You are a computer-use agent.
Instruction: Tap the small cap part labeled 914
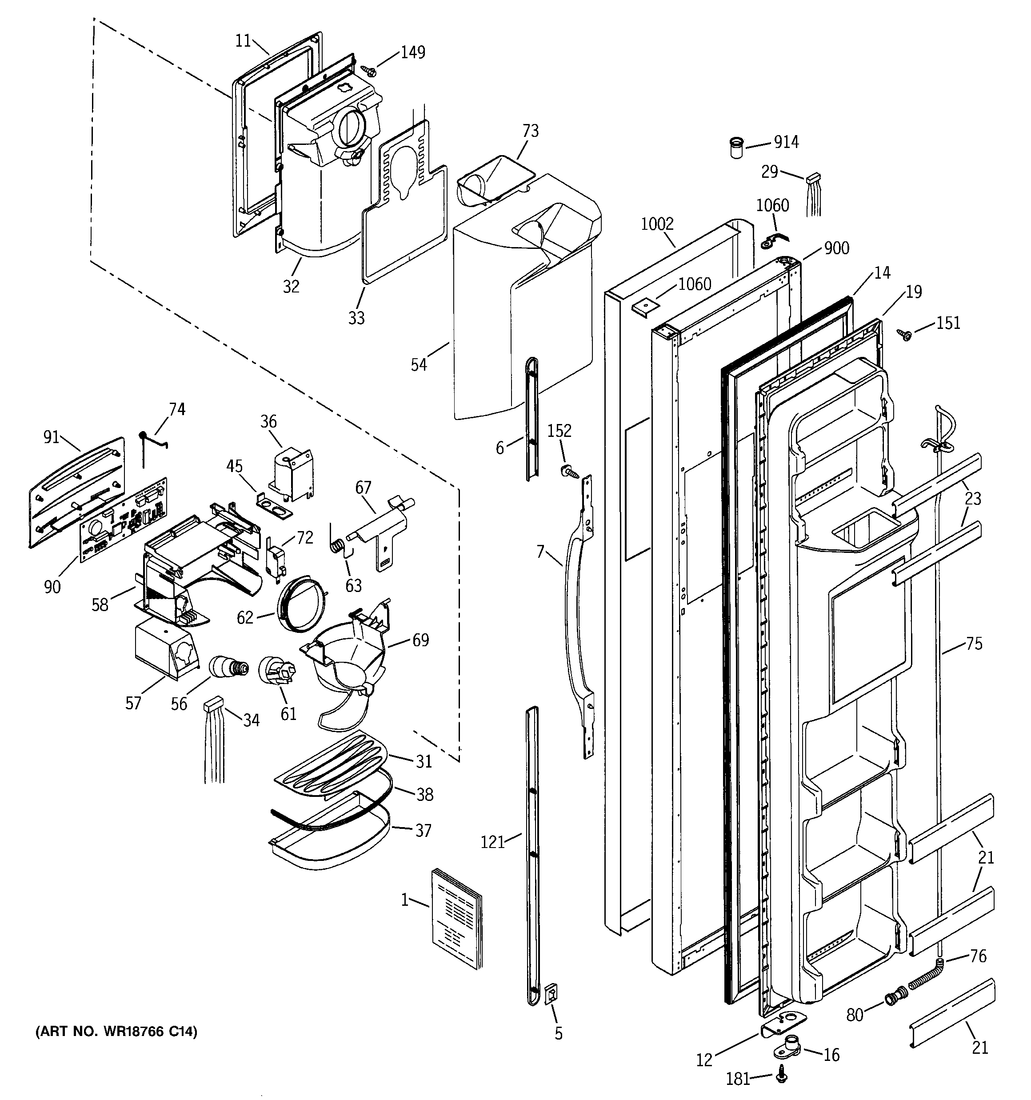tap(736, 148)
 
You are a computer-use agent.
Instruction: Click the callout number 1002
tap(657, 224)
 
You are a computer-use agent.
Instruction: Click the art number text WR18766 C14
tap(116, 1032)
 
